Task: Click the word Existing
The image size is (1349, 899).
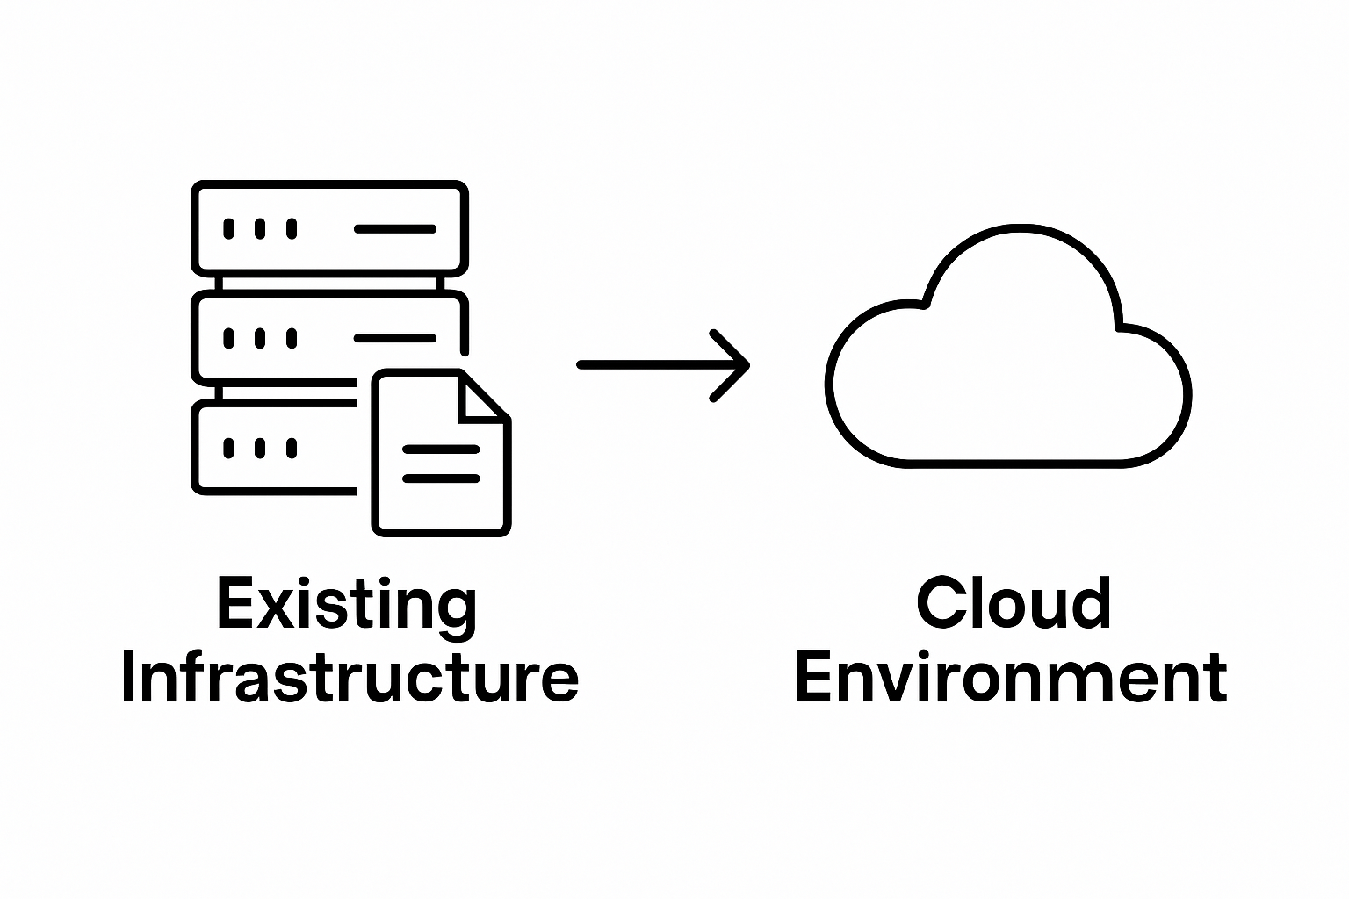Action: tap(347, 604)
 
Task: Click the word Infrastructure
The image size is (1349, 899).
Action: tap(350, 677)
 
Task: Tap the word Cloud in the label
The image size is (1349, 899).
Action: tap(1014, 604)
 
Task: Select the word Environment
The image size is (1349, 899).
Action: tap(1010, 677)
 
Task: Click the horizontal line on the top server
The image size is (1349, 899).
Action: tap(395, 229)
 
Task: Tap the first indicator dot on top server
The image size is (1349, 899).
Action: tap(228, 229)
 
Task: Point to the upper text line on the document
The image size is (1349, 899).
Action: tap(441, 449)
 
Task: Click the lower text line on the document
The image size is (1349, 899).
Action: tap(441, 478)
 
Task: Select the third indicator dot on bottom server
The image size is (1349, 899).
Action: tap(292, 448)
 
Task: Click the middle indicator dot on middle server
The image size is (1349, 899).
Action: tap(260, 338)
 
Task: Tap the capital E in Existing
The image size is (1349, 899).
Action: tap(234, 604)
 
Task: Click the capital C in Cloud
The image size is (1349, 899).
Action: tap(938, 604)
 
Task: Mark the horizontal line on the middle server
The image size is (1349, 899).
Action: tap(395, 338)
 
